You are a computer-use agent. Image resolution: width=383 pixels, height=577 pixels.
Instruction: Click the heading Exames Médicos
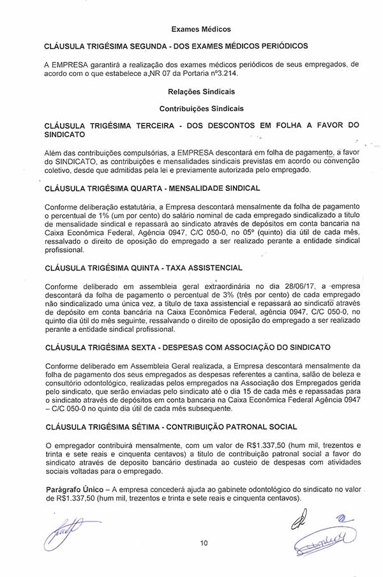coord(200,29)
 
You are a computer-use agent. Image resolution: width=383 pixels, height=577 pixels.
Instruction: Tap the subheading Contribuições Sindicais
coord(201,109)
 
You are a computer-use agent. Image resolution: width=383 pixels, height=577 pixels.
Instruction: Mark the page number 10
coord(204,543)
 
